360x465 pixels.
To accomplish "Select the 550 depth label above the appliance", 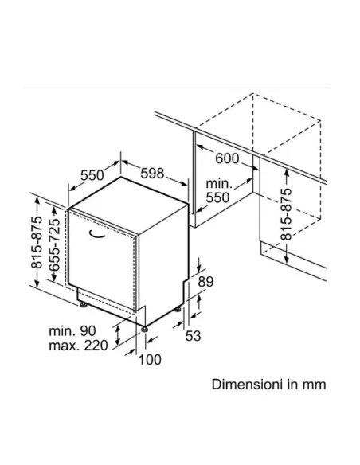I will point(93,174).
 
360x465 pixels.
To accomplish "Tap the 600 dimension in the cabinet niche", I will point(228,158).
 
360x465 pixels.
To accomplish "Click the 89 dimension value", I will point(206,281).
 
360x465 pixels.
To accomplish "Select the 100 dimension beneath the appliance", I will point(149,360).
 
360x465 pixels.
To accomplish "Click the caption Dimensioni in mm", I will point(269,385).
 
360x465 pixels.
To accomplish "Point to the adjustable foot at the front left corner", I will point(82,303).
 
